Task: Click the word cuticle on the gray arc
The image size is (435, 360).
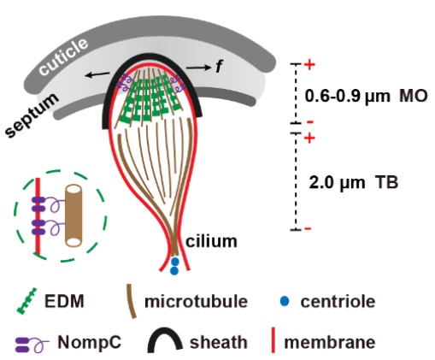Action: click(x=63, y=56)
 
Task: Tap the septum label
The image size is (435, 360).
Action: click(x=32, y=115)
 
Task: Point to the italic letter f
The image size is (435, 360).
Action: click(x=219, y=67)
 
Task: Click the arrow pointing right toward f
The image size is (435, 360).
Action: click(x=198, y=68)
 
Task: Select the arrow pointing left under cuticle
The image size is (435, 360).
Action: click(x=97, y=74)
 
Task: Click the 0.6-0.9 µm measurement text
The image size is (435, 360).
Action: click(x=347, y=97)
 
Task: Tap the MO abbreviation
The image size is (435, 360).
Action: click(x=414, y=96)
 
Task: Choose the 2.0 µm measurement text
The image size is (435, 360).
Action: click(x=337, y=182)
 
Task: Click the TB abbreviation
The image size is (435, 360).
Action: click(x=386, y=182)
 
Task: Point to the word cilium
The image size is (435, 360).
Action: click(x=211, y=241)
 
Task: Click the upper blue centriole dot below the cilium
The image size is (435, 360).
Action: click(x=174, y=262)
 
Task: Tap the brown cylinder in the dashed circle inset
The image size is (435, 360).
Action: click(x=73, y=215)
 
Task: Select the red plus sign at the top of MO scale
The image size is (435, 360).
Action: click(x=309, y=64)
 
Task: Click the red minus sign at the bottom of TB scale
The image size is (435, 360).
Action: click(x=308, y=228)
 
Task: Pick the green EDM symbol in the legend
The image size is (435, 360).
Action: click(x=26, y=301)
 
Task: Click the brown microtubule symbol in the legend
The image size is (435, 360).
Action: click(x=132, y=301)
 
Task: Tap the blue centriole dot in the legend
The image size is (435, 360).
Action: click(x=285, y=301)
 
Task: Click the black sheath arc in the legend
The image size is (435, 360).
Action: click(x=165, y=340)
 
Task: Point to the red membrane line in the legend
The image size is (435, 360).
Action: click(x=273, y=340)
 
